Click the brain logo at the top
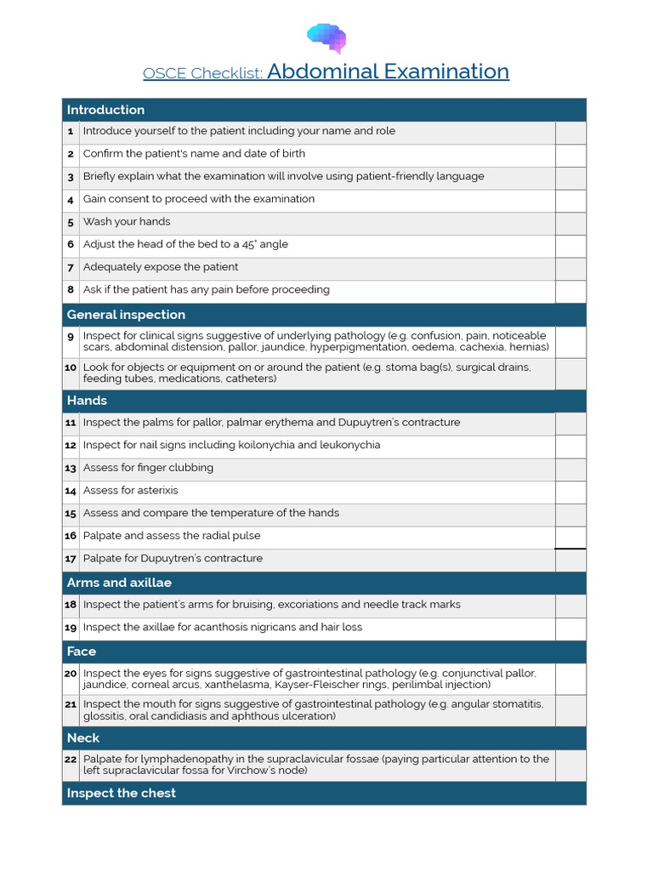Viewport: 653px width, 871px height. point(326,37)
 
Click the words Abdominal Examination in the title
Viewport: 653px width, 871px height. point(388,71)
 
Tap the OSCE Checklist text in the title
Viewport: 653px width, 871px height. point(203,73)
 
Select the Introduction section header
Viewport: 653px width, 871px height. point(106,110)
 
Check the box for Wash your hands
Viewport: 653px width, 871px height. point(571,224)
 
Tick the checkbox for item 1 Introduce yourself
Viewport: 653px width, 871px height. point(571,133)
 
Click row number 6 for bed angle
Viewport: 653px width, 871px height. point(71,245)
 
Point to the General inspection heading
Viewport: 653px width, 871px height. point(126,315)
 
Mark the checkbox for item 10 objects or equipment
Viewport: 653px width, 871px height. point(571,373)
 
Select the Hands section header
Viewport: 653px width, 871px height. point(87,401)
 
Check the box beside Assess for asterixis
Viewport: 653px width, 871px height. point(571,492)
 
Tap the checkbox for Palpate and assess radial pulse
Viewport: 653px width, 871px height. point(571,538)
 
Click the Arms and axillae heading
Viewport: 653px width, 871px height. point(119,583)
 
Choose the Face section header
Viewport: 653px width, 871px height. point(82,652)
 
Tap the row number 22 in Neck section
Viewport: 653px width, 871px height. point(71,759)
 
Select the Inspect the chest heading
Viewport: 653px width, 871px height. point(122,793)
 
